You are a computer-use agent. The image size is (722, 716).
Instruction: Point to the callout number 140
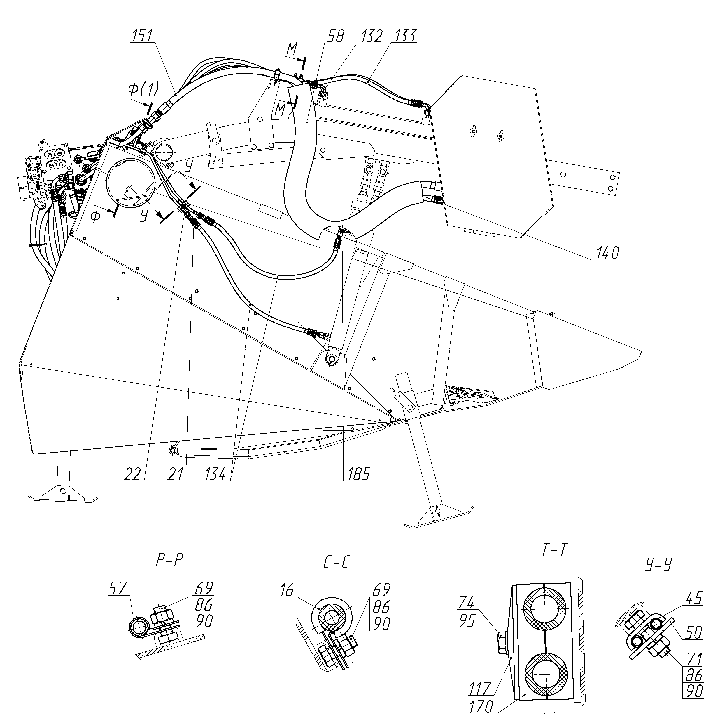(607, 254)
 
